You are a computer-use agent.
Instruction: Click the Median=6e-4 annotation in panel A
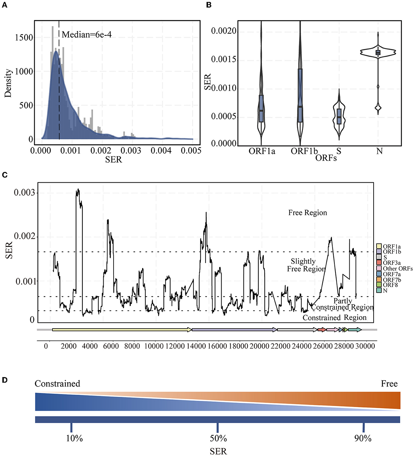pos(87,35)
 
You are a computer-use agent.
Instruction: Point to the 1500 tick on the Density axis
pos(24,38)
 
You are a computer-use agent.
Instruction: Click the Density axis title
pos(8,83)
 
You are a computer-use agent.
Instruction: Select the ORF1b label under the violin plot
pos(304,151)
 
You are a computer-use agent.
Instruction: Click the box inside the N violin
pos(378,52)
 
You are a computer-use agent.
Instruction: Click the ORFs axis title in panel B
pos(326,158)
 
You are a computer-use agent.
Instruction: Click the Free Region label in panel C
pos(307,213)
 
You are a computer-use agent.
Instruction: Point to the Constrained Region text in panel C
pos(334,318)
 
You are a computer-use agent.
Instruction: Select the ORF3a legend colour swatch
pos(379,263)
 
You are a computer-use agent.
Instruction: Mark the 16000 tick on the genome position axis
pos(217,346)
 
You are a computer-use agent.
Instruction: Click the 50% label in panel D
pos(218,438)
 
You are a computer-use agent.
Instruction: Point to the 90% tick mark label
pos(363,438)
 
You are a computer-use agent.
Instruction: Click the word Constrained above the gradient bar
pos(57,384)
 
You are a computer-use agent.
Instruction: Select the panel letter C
pos(4,175)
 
